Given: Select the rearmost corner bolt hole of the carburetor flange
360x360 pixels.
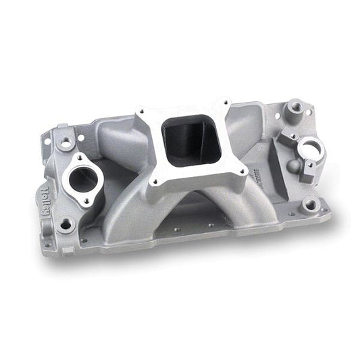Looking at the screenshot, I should (x=221, y=103).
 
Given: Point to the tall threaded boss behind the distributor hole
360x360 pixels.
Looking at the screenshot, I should (x=294, y=107).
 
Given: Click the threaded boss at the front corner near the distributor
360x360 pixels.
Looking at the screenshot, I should (x=310, y=204).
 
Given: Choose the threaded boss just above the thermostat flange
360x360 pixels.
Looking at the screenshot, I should (x=66, y=143).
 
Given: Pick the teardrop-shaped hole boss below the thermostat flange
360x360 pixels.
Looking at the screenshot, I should (x=66, y=224).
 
